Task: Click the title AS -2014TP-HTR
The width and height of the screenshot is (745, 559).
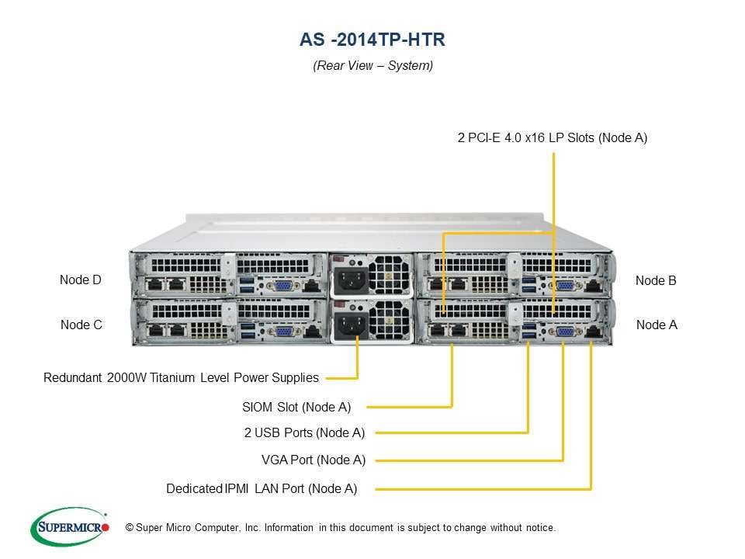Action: click(x=372, y=38)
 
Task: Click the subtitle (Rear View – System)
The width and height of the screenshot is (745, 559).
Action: click(x=372, y=66)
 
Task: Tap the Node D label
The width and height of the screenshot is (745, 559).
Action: click(x=81, y=280)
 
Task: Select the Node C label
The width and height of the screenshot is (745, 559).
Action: click(x=81, y=325)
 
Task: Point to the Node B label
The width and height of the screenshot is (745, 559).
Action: click(x=656, y=281)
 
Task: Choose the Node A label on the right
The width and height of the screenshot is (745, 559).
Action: click(x=657, y=325)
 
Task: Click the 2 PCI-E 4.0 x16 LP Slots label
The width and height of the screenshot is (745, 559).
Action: click(x=552, y=138)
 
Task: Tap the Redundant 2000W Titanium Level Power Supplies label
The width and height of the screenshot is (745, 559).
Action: click(x=181, y=378)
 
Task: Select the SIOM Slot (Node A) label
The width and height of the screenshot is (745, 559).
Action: click(x=296, y=406)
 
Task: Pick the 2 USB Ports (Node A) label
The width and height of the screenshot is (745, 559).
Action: click(x=304, y=433)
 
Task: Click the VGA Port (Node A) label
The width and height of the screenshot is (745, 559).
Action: click(x=314, y=460)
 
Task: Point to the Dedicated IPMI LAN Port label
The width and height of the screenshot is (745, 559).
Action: click(x=262, y=489)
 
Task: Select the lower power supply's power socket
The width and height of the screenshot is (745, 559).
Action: click(x=348, y=325)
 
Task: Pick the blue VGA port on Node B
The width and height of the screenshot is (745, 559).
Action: click(x=564, y=286)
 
